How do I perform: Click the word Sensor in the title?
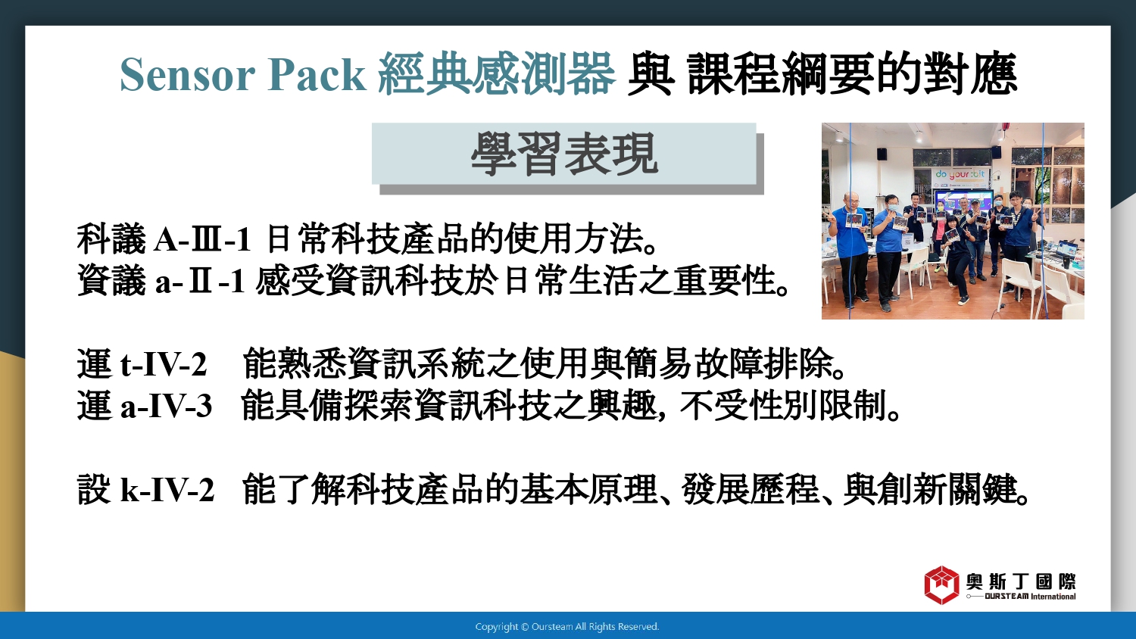pos(187,75)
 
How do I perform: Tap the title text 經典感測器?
pos(497,74)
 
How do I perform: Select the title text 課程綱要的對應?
pos(852,74)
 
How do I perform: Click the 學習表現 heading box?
pos(564,154)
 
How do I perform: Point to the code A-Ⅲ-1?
pos(202,240)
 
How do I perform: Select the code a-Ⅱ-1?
pos(201,282)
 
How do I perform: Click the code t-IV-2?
pos(164,364)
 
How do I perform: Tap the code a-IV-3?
pos(166,407)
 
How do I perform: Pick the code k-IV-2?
pos(167,490)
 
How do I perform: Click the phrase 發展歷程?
pos(751,489)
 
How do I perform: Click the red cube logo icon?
pos(942,584)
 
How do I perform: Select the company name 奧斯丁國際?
pos(1021,581)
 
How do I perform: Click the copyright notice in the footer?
pos(567,627)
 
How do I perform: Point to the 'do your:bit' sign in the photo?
pos(960,174)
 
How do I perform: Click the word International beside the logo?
pos(1053,597)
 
